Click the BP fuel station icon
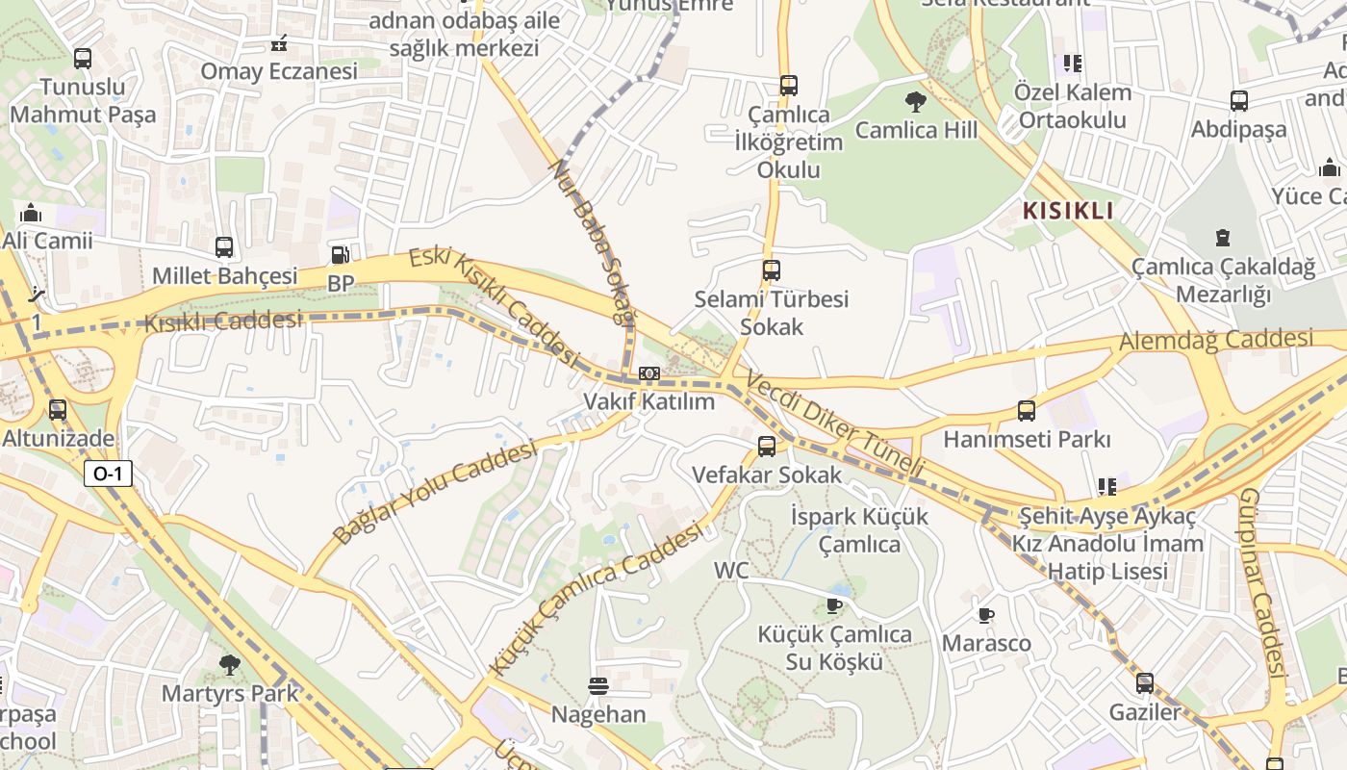point(340,255)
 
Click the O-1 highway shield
point(108,474)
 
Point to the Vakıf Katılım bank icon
point(649,372)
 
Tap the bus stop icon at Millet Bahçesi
point(224,247)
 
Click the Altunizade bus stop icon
point(58,410)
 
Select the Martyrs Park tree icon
point(229,664)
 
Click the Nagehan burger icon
point(598,686)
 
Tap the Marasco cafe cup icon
point(985,615)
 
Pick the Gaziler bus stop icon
point(1144,683)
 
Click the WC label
point(731,570)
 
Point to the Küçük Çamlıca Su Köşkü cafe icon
point(834,605)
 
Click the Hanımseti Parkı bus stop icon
point(1027,411)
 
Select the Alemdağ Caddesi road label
point(1215,340)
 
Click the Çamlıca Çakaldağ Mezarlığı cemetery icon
point(1222,238)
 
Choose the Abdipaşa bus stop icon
point(1239,101)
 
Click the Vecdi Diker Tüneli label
point(834,423)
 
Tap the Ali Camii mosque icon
point(31,212)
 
